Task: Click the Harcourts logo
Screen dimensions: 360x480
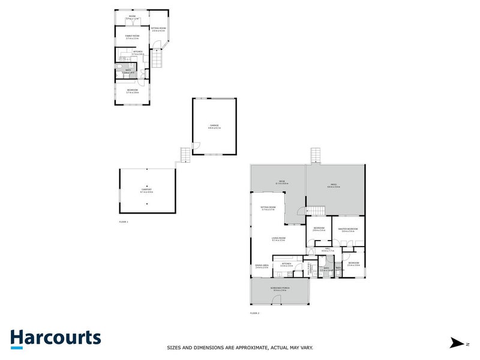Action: tap(55, 338)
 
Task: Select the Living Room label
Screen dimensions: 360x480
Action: tap(278, 239)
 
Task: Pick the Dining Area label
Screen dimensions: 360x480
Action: tap(262, 266)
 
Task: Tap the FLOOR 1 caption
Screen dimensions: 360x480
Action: tap(124, 222)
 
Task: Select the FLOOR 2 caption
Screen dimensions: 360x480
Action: tap(254, 313)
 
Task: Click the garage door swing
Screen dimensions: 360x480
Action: tap(196, 145)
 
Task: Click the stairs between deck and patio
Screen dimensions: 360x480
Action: tap(314, 210)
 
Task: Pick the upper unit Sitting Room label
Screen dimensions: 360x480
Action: tap(158, 28)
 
